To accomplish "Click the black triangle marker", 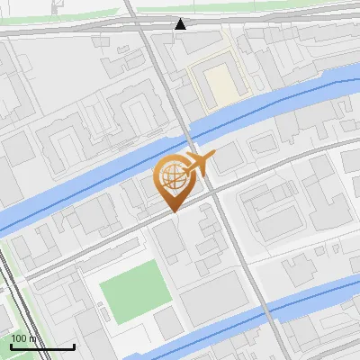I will (x=181, y=24).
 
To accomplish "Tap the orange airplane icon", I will (x=199, y=162).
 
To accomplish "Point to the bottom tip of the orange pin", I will (x=172, y=211).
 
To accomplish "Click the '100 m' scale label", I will (x=24, y=338).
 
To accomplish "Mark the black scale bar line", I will (x=42, y=346).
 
